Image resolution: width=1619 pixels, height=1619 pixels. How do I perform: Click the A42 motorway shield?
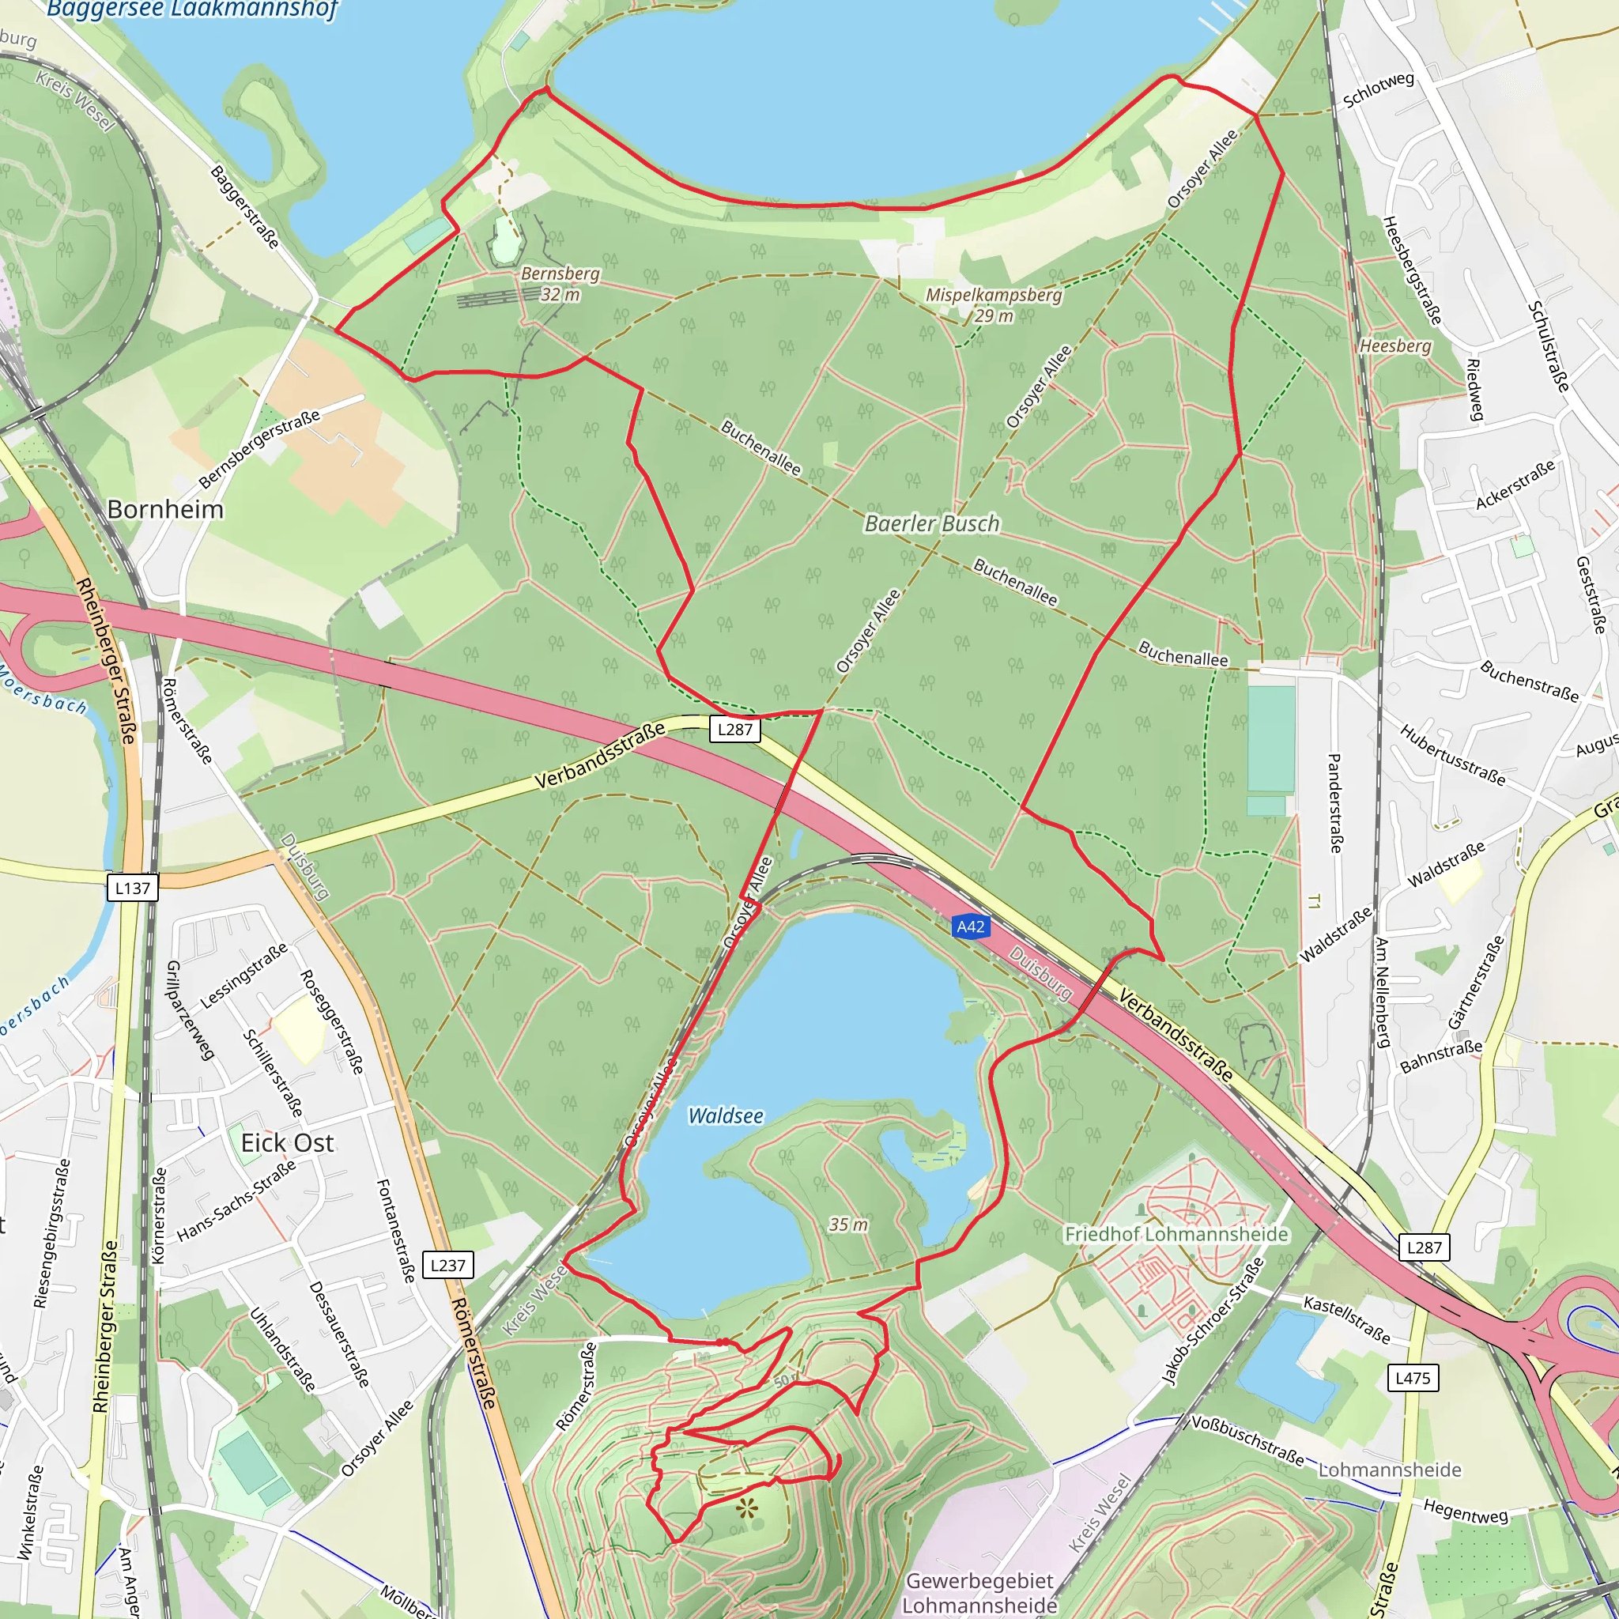971,926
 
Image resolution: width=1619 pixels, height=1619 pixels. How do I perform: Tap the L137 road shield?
132,888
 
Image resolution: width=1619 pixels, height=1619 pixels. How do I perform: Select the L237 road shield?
447,1265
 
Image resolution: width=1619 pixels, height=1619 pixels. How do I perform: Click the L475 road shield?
1412,1377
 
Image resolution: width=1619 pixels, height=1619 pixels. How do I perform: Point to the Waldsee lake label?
726,1115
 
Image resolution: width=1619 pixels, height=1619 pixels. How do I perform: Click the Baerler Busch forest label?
932,524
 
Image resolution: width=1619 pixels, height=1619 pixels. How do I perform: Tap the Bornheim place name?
165,510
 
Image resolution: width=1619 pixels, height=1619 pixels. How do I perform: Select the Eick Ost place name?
287,1142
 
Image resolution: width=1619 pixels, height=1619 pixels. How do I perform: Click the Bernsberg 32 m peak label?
560,283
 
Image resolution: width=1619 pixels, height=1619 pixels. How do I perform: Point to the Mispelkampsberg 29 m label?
993,305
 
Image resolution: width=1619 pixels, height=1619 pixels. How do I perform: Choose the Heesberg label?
1395,345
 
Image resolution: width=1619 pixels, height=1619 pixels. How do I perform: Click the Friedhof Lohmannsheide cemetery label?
1176,1233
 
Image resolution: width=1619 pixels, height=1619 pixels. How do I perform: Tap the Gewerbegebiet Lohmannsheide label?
979,1593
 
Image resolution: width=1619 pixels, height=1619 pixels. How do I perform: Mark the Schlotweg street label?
1378,89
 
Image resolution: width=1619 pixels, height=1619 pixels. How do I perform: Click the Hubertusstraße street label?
1451,755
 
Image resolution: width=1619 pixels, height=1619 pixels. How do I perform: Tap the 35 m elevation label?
848,1225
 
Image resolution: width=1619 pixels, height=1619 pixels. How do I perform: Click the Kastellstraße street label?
1346,1318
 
